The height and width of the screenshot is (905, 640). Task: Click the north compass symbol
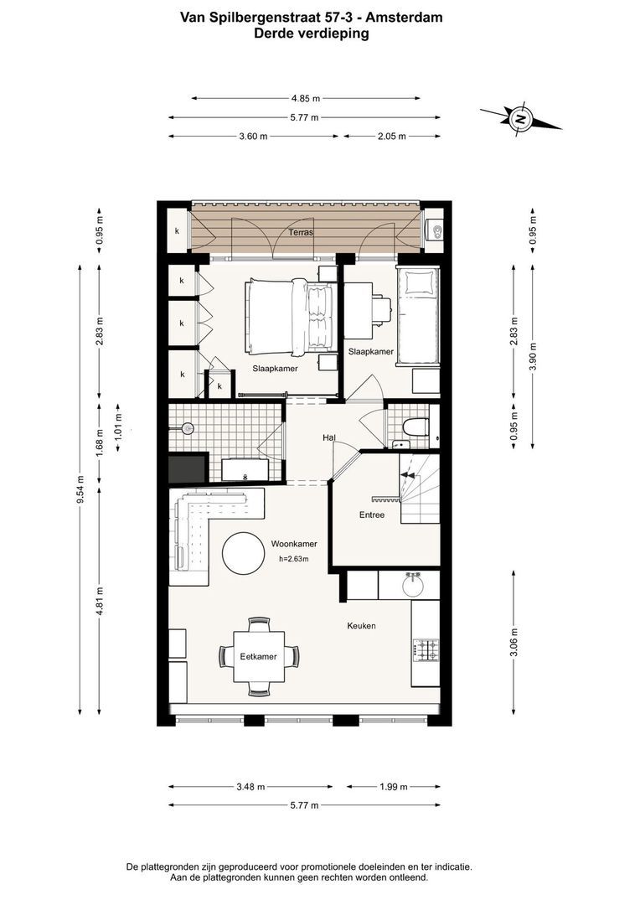coord(520,120)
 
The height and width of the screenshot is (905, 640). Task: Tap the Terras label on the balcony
coord(301,233)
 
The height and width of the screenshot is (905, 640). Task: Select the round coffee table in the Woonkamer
coord(244,553)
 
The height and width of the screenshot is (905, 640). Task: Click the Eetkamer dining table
coord(259,656)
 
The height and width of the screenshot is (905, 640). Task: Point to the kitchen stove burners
coord(426,650)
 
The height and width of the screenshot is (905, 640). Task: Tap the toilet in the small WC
coord(415,427)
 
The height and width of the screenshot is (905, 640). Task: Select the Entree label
coord(372,515)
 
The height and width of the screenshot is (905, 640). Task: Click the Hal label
coord(329,438)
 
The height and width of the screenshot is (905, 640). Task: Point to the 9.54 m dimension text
coord(80,489)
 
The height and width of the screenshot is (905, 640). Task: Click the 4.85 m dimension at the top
coord(306,99)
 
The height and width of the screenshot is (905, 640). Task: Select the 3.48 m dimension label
coord(250,787)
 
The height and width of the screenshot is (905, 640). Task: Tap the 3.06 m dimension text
coord(514,642)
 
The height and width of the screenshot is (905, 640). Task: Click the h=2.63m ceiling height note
coord(294,559)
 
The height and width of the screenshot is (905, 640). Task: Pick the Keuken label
coord(361,626)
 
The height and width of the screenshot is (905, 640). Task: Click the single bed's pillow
coord(418,283)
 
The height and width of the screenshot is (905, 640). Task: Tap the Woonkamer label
coord(294,544)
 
